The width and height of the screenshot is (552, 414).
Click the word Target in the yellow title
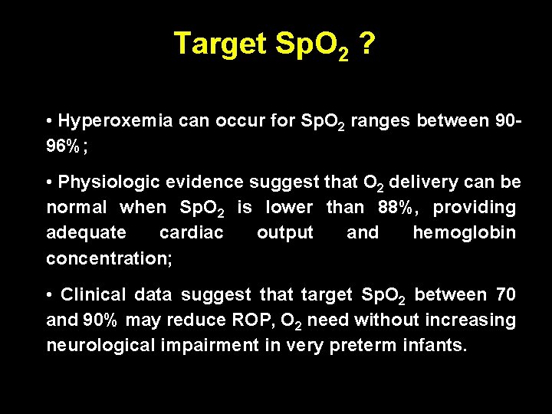coord(216,44)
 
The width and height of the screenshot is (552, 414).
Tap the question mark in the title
coord(366,44)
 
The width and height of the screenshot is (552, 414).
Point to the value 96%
coord(64,146)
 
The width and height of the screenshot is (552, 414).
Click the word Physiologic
coord(110,182)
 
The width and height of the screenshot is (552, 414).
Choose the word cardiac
coord(191,232)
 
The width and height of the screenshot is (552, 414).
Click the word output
coord(284,232)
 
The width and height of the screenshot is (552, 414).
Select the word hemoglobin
coord(464,232)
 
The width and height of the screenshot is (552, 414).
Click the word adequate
coord(86,232)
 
